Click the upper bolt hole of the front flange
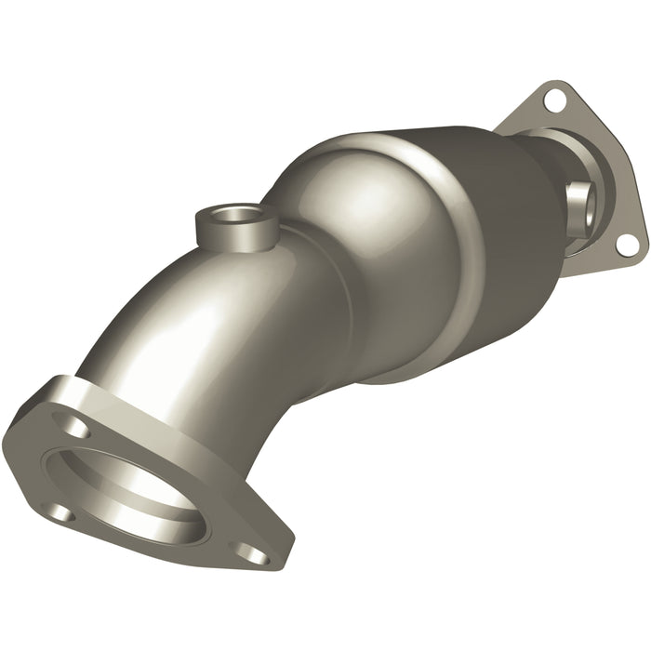[x=78, y=429]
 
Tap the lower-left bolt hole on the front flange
[x=59, y=512]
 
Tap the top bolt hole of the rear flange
[x=554, y=97]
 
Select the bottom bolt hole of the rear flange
[x=627, y=244]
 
